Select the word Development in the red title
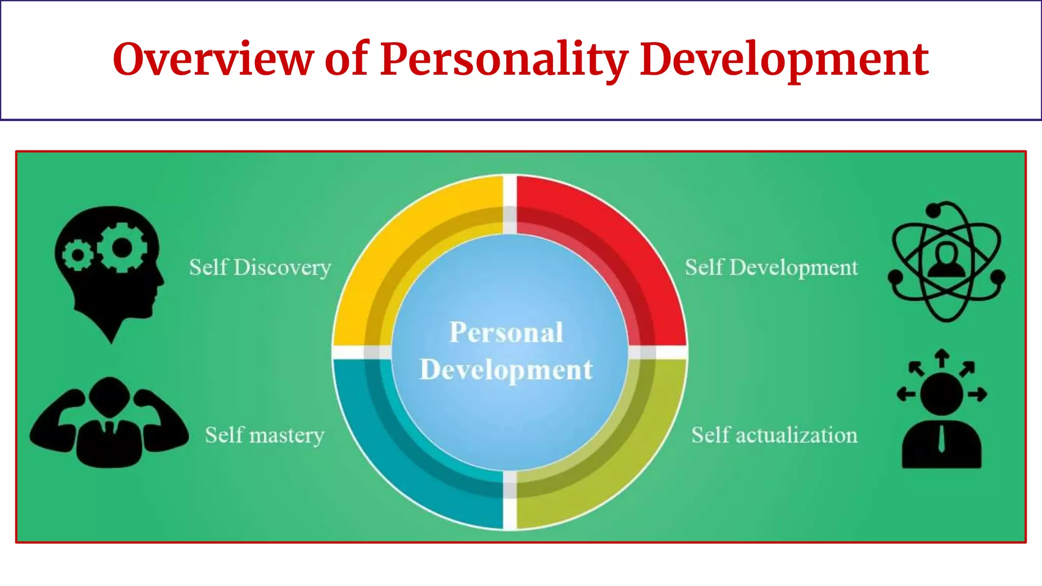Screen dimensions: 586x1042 tap(784, 60)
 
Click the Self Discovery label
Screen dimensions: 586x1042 tap(260, 268)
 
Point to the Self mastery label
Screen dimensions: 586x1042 tap(265, 435)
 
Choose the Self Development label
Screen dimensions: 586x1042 tap(771, 268)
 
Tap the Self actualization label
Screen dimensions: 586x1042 tap(774, 435)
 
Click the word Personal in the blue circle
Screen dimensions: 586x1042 tap(506, 333)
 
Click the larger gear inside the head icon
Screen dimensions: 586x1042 tap(122, 248)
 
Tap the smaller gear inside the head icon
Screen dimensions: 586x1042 tap(78, 255)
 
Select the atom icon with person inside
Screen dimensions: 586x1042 tap(946, 261)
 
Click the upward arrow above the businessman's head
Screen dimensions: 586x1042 tap(942, 357)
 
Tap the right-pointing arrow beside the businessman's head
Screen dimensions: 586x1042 tap(977, 394)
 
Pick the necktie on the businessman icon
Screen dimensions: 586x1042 tap(942, 438)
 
